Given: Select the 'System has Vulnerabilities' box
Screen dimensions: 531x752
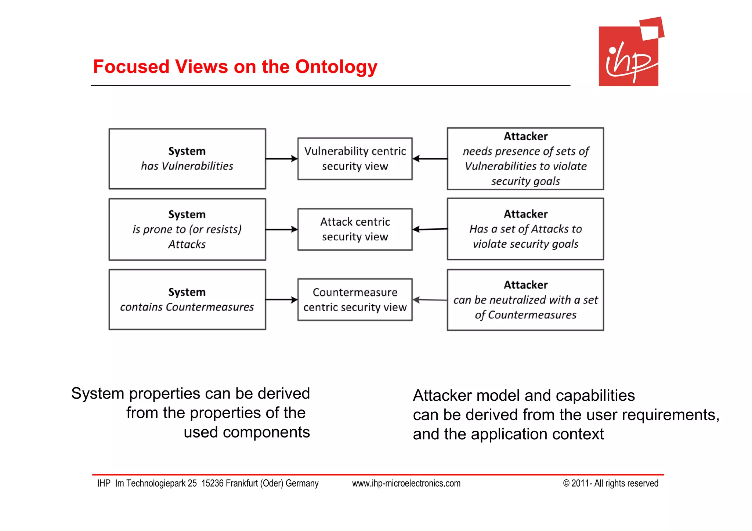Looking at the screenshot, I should [187, 159].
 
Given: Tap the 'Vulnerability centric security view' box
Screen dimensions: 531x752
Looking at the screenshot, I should [355, 159].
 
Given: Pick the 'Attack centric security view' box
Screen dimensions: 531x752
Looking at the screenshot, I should [355, 229].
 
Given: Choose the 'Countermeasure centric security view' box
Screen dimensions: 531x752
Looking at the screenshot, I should [355, 299].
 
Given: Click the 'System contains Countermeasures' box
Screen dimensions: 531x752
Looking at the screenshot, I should [187, 299].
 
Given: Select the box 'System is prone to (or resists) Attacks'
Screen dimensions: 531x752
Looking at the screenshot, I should [187, 229].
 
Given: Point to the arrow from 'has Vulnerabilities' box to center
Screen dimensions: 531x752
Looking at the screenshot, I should [281, 159].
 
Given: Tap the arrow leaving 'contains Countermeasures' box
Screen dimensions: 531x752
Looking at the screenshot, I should [281, 299].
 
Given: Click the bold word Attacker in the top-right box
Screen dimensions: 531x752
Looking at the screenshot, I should [525, 137].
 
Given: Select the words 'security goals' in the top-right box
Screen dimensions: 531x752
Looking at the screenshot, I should [525, 181].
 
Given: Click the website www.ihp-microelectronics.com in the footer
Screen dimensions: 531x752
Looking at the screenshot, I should [406, 483].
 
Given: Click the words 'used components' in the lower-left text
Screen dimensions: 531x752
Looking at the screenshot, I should [247, 432].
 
